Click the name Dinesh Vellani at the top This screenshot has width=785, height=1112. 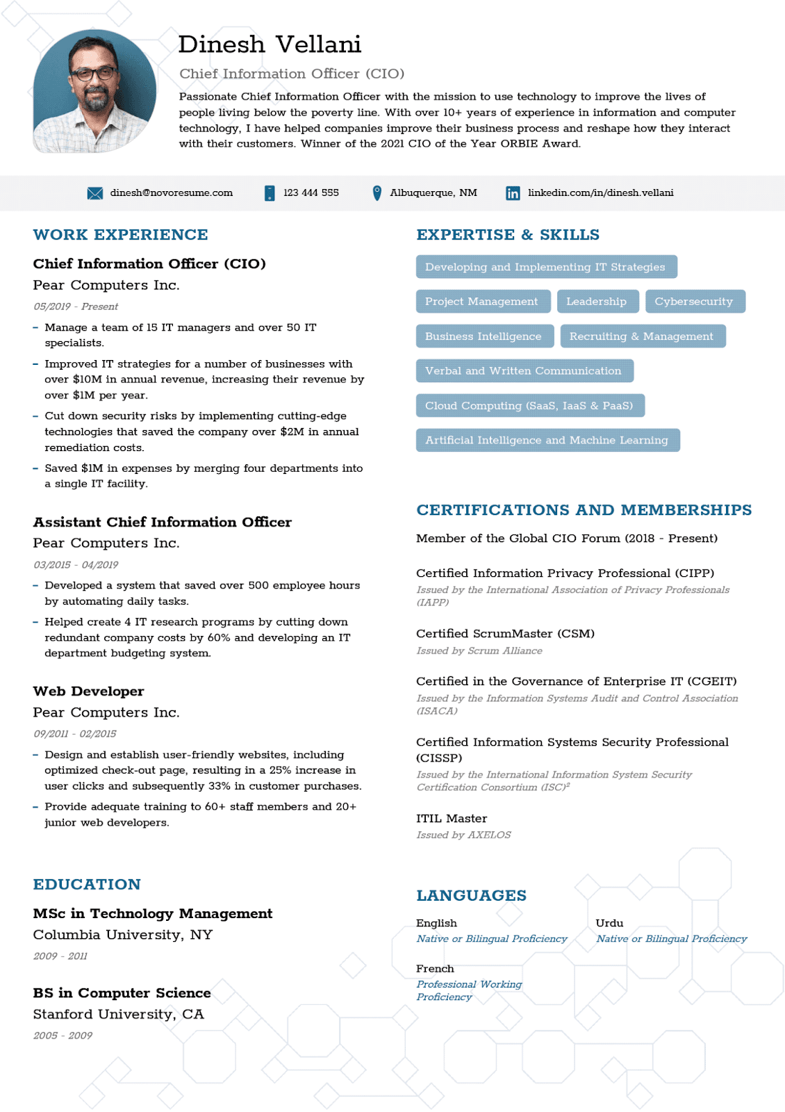pyautogui.click(x=270, y=44)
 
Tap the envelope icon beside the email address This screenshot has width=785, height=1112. pyautogui.click(x=95, y=193)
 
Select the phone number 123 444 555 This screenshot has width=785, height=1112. pyautogui.click(x=311, y=193)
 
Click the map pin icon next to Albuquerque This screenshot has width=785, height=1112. pyautogui.click(x=377, y=193)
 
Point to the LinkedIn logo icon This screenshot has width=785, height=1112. pyautogui.click(x=513, y=193)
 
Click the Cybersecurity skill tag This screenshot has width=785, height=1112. pyautogui.click(x=693, y=302)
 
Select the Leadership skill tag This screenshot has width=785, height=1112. pyautogui.click(x=596, y=302)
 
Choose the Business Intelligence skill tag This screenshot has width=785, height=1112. pyautogui.click(x=484, y=336)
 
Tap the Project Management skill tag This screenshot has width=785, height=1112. pyautogui.click(x=481, y=302)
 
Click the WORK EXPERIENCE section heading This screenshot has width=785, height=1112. pyautogui.click(x=120, y=235)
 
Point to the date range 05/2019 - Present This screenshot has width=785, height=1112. pyautogui.click(x=76, y=306)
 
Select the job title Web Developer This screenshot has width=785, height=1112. pyautogui.click(x=89, y=692)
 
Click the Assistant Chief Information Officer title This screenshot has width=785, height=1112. pyautogui.click(x=162, y=522)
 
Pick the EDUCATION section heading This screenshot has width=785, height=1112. pyautogui.click(x=87, y=884)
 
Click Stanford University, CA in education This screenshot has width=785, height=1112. pyautogui.click(x=119, y=1014)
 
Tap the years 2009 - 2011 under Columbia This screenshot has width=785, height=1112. pyautogui.click(x=60, y=956)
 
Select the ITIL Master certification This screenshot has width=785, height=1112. pyautogui.click(x=452, y=819)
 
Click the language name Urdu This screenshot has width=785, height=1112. pyautogui.click(x=609, y=923)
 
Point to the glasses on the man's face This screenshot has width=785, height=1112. pyautogui.click(x=94, y=74)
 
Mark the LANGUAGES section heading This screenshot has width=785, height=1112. pyautogui.click(x=471, y=895)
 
